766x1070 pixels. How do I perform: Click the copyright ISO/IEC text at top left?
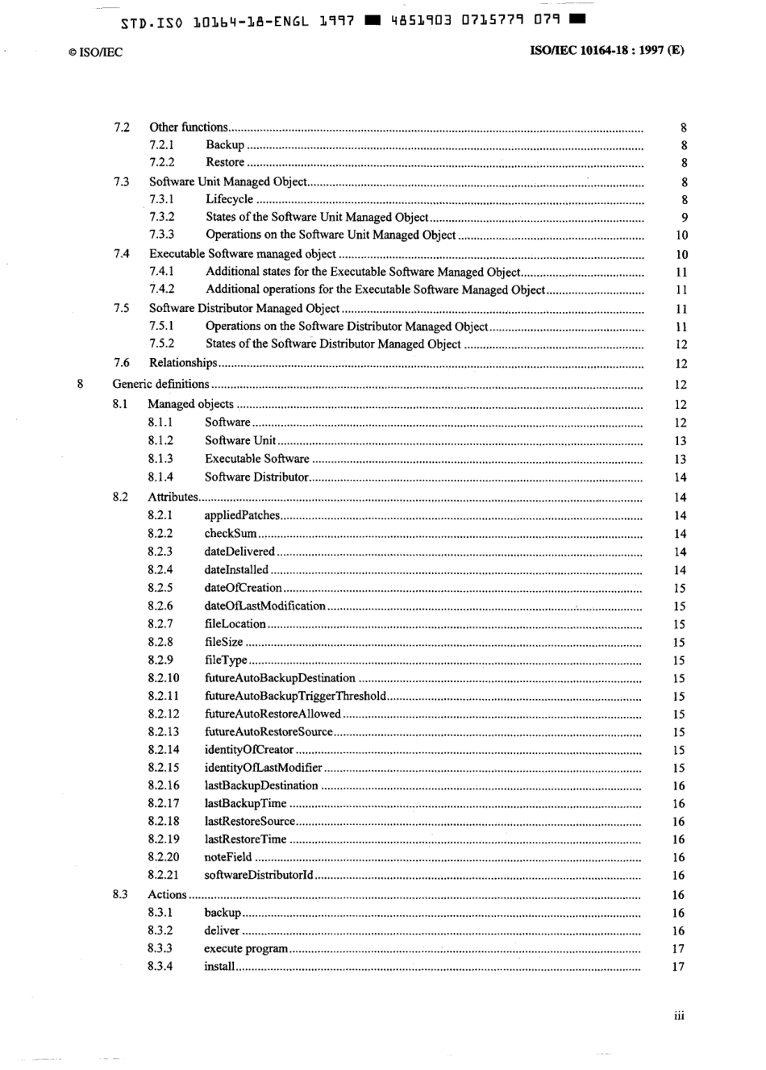(x=95, y=52)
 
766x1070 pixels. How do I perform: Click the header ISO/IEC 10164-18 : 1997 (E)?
(x=606, y=50)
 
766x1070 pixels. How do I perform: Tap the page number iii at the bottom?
(x=679, y=1015)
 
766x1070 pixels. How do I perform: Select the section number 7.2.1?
(x=161, y=145)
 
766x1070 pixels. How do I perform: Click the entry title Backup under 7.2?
(x=225, y=145)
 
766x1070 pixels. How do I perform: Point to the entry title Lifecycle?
(x=229, y=199)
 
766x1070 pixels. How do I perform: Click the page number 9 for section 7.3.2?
(x=684, y=218)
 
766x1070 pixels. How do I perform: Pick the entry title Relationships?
(x=183, y=363)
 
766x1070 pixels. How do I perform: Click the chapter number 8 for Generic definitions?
(x=79, y=384)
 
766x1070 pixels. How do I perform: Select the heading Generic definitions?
(x=160, y=384)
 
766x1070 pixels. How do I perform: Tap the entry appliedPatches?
(x=242, y=515)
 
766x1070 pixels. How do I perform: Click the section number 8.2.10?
(x=164, y=678)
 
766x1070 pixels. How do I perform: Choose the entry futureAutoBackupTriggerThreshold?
(x=295, y=696)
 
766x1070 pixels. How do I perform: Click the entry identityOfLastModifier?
(x=263, y=768)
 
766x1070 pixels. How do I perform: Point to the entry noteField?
(x=227, y=857)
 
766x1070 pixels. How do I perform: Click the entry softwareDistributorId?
(x=258, y=875)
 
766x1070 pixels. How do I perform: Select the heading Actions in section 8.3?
(x=167, y=894)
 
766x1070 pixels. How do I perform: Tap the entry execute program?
(x=245, y=948)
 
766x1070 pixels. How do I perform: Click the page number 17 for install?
(x=678, y=967)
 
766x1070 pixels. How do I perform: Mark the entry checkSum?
(x=230, y=533)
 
